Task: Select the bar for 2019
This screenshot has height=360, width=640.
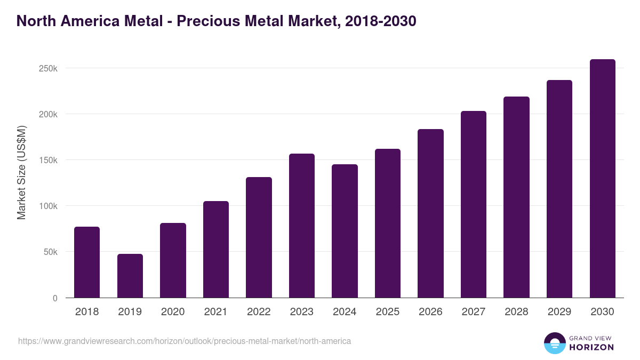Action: (x=130, y=276)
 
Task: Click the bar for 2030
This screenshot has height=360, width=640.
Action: (x=602, y=179)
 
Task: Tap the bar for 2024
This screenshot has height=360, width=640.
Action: (x=345, y=231)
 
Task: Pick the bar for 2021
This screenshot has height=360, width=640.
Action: (x=216, y=250)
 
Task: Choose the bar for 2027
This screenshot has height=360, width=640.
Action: (x=474, y=204)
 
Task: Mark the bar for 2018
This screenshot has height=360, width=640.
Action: (x=87, y=262)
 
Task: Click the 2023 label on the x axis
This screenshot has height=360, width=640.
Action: (x=302, y=312)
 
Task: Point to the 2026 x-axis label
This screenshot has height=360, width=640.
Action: (x=430, y=312)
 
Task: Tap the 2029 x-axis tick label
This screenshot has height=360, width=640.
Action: (x=559, y=312)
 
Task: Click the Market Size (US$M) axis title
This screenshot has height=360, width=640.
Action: (x=21, y=172)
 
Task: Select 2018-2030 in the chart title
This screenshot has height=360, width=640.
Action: (x=380, y=21)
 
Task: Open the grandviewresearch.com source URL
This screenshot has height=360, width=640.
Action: (x=185, y=341)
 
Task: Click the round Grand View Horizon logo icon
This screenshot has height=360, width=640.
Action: (x=554, y=343)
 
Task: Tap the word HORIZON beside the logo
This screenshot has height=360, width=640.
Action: (x=591, y=347)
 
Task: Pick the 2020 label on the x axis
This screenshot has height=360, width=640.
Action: (x=173, y=312)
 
